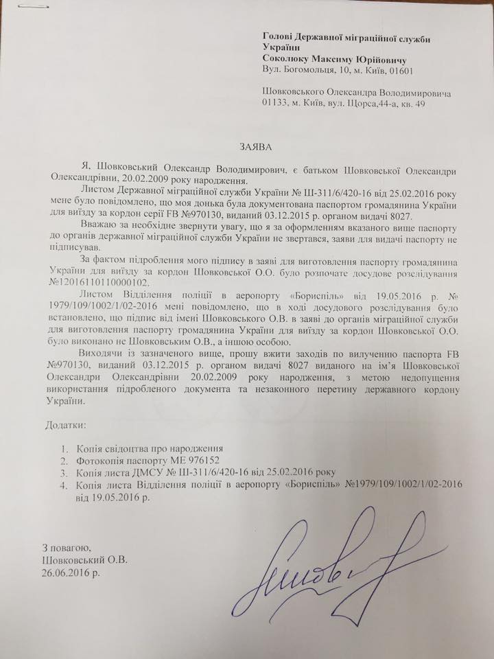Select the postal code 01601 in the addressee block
click(x=399, y=70)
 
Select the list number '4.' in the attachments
click(x=64, y=485)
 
